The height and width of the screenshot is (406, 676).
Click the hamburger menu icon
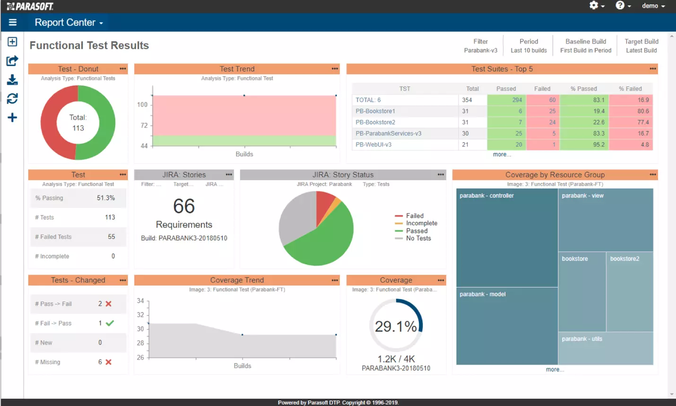point(13,22)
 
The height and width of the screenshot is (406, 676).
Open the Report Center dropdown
point(69,22)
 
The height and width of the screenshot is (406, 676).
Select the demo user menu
point(653,6)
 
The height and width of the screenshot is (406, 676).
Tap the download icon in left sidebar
point(12,80)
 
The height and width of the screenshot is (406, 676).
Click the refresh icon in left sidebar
point(12,98)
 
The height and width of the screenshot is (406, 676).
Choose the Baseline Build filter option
point(586,46)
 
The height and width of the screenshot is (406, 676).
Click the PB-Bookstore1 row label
point(375,111)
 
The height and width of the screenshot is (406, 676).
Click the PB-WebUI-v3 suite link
point(373,145)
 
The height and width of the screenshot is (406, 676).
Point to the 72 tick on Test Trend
point(144,125)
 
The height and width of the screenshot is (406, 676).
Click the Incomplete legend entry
point(421,223)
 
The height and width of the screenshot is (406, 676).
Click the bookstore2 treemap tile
point(630,291)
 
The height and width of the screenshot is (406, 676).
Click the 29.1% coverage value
point(396,326)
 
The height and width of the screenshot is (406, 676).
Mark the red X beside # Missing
point(109,362)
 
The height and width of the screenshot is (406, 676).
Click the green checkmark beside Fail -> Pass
point(110,323)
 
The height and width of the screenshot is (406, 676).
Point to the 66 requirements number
point(184,206)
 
